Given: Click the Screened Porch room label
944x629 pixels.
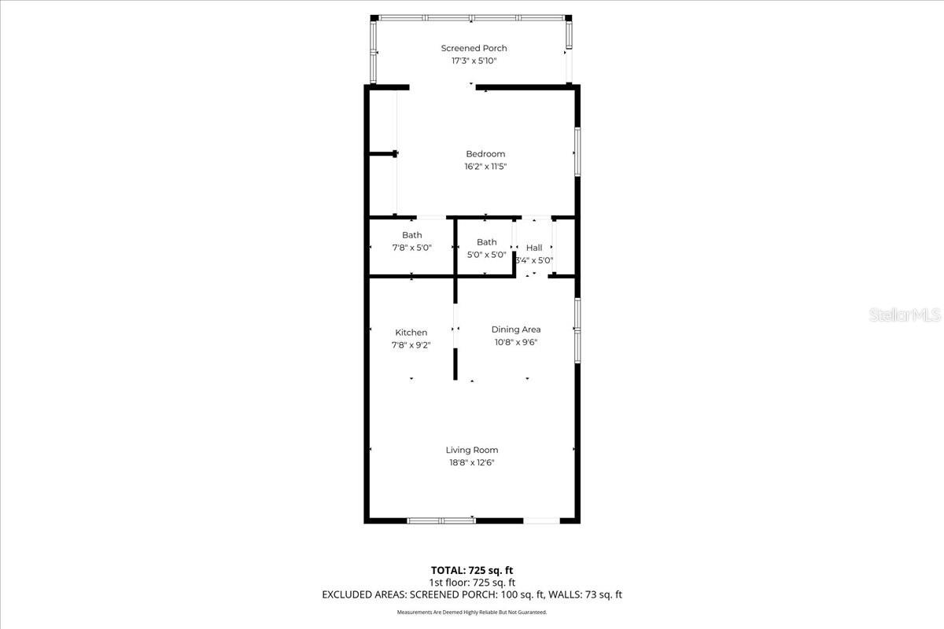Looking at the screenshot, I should (474, 49).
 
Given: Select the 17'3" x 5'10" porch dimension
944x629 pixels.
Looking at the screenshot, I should (474, 61).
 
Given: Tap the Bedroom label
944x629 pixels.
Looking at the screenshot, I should (485, 154).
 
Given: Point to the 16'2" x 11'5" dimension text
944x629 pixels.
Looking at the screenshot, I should (485, 167).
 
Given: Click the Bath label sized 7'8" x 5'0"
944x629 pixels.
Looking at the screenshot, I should (411, 235).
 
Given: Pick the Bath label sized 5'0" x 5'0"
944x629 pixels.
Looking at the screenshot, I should (486, 242).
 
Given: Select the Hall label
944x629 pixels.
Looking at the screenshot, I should (534, 248).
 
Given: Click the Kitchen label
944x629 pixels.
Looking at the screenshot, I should (411, 333).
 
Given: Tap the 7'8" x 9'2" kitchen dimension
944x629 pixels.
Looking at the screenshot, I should (411, 345).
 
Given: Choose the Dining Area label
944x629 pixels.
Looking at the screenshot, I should (516, 329).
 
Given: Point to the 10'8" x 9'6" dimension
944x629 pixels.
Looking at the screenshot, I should (516, 342).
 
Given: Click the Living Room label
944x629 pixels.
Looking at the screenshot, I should (472, 451).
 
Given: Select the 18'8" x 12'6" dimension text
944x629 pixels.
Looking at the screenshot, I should (472, 463).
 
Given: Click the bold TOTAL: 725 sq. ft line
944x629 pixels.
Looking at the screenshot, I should (472, 570).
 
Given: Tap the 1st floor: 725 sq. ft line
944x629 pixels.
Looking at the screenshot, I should (472, 583).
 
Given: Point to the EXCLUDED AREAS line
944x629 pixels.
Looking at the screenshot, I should (472, 595).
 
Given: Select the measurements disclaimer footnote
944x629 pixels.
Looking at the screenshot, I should (472, 612).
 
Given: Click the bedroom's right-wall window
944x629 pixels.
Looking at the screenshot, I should (577, 152).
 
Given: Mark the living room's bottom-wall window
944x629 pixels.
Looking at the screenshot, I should (441, 520).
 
